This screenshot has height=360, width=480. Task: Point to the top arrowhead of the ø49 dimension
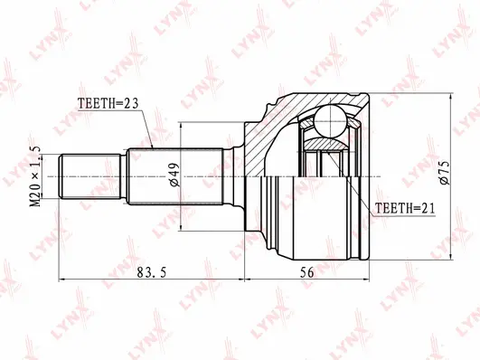click(182, 123)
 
